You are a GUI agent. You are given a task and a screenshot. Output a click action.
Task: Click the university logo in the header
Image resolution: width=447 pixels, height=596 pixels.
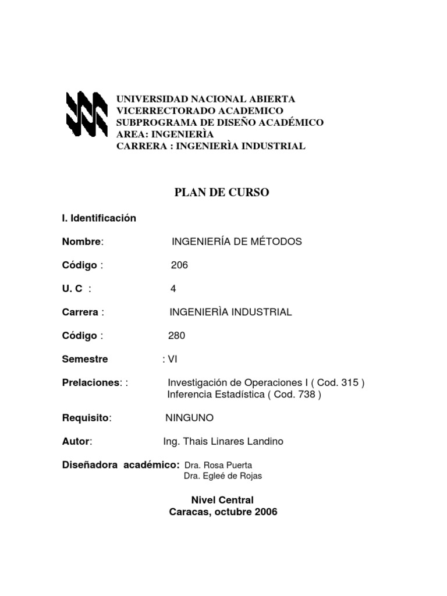pos(86,113)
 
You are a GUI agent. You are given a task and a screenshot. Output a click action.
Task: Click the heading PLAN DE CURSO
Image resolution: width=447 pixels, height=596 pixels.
pos(222,193)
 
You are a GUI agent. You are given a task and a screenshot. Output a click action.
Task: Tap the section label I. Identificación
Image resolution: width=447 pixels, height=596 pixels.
pos(99,218)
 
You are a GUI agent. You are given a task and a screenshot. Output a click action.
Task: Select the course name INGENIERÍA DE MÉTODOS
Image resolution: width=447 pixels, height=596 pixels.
pos(237,242)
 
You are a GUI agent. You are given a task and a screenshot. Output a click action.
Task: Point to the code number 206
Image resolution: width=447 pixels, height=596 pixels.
pos(179,265)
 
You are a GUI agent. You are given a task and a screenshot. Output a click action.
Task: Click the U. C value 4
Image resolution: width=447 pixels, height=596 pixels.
pos(173,289)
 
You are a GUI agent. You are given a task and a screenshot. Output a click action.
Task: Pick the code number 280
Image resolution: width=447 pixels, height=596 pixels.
pos(177,336)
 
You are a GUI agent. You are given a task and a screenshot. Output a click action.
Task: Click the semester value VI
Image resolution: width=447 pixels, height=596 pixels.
pos(172,359)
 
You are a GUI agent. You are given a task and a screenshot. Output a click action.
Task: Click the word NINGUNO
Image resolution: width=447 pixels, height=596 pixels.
pos(190,418)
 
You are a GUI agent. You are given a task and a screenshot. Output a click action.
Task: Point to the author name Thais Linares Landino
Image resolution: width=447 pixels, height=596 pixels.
pos(233,442)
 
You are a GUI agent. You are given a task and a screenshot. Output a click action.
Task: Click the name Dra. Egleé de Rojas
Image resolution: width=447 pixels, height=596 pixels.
pos(223,476)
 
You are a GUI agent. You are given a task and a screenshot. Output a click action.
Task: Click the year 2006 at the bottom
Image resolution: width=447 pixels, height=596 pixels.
pos(265,512)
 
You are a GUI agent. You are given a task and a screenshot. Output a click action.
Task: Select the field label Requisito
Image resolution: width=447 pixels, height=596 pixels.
pos(86,418)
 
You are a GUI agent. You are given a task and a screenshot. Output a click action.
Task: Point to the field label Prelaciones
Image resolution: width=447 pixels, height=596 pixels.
pos(91,383)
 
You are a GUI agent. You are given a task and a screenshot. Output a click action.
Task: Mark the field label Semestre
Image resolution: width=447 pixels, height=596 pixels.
pos(85,359)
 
